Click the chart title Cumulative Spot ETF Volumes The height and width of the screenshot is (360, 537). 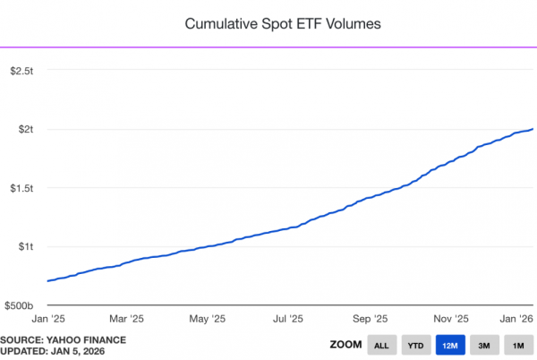click(283, 23)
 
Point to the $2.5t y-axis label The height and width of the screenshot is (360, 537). click(21, 70)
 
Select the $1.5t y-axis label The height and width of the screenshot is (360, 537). click(21, 188)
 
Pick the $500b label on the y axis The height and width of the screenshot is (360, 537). click(19, 305)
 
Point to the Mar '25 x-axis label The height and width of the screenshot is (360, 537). click(126, 318)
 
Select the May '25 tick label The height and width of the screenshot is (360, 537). click(207, 318)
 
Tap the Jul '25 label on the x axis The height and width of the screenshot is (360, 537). click(287, 318)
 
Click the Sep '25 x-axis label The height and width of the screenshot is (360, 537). click(369, 318)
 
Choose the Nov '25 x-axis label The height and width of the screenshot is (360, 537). click(450, 318)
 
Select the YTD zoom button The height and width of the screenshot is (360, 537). click(415, 345)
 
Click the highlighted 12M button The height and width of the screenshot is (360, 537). click(449, 345)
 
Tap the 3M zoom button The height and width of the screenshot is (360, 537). click(483, 345)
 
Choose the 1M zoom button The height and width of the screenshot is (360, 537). click(517, 345)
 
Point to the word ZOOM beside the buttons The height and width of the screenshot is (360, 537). click(345, 345)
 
